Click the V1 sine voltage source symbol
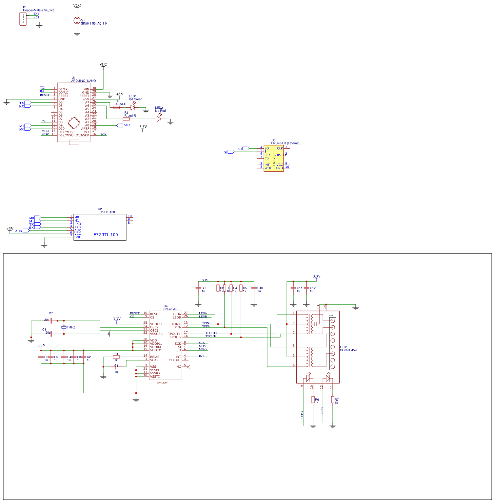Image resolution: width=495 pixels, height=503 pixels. [x=77, y=21]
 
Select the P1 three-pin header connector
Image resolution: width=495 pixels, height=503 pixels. [x=23, y=19]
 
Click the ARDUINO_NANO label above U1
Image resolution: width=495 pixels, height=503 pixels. [x=84, y=81]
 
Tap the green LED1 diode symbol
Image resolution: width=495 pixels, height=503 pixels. [x=133, y=107]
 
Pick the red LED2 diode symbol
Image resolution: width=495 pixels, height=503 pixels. [x=159, y=119]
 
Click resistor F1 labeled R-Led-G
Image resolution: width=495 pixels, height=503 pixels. [x=116, y=107]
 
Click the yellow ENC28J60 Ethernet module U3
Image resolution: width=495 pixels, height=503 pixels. [x=273, y=158]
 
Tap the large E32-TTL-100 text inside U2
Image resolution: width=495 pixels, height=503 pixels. [x=106, y=235]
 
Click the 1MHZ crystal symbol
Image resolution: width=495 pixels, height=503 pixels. [x=64, y=327]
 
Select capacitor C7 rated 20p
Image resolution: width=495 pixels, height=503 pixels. [x=51, y=320]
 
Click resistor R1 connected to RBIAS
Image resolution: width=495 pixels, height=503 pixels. [x=116, y=357]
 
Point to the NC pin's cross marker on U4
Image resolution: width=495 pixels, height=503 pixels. [x=188, y=367]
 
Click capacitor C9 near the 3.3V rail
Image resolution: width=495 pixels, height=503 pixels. [x=198, y=288]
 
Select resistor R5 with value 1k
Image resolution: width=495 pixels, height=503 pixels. [x=241, y=288]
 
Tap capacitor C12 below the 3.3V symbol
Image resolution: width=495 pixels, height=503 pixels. [x=307, y=288]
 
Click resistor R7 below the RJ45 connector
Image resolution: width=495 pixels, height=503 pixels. [x=333, y=400]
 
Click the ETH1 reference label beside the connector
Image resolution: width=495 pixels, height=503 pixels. [x=344, y=347]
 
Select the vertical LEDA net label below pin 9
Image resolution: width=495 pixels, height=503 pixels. [x=302, y=414]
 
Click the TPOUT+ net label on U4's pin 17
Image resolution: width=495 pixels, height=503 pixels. [x=211, y=333]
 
